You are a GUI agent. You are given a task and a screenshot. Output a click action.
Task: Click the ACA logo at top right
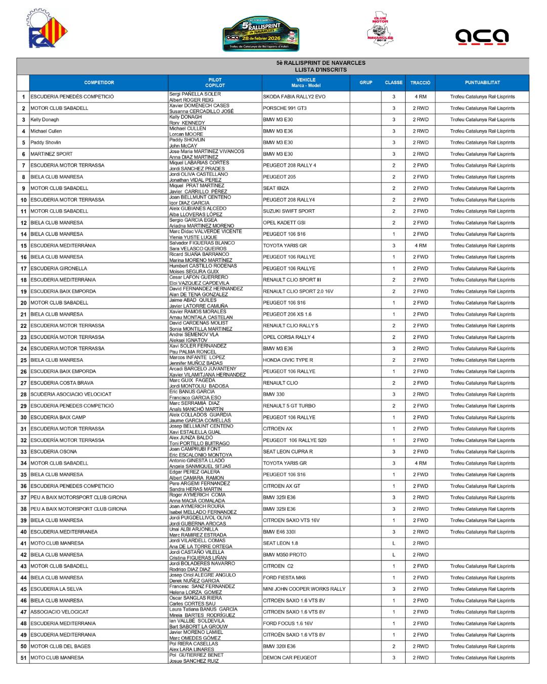tap(481, 36)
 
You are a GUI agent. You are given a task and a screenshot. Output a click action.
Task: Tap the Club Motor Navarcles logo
tap(380, 29)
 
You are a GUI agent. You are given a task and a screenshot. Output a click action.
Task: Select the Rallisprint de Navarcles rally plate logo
tap(261, 34)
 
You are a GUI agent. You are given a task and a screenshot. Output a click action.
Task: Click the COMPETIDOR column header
tap(99, 83)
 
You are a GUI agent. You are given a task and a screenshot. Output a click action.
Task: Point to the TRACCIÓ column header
tap(420, 83)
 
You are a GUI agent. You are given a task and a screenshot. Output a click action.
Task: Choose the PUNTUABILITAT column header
tap(482, 83)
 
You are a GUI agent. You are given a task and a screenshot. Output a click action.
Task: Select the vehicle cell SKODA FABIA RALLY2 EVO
tap(294, 97)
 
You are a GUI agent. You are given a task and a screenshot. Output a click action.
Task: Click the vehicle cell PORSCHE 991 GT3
tap(285, 108)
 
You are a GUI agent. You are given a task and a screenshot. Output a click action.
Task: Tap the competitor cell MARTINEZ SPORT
tap(51, 154)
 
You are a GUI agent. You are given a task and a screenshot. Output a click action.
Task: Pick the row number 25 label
tap(23, 360)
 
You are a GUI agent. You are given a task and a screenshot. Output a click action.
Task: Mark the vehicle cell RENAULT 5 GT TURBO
tap(289, 406)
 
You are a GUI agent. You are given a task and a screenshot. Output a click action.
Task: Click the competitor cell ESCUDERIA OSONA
tap(54, 452)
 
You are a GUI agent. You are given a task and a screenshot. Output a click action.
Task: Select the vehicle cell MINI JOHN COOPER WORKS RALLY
tap(304, 589)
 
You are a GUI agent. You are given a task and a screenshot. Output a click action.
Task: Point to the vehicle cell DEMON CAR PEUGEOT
tap(290, 658)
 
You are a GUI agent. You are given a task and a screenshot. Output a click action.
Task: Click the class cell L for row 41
tap(394, 543)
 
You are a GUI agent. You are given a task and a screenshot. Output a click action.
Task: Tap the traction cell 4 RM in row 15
tap(420, 246)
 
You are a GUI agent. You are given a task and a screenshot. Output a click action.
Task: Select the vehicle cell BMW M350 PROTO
tap(285, 555)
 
